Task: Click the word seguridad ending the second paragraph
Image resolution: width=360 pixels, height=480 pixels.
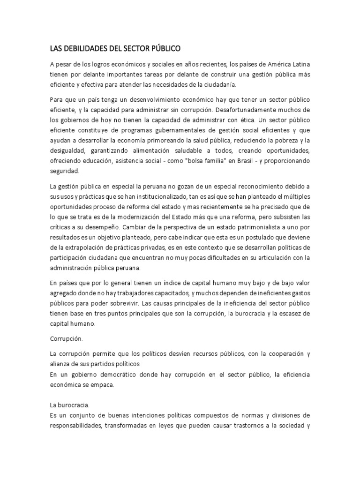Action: [x=64, y=172]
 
